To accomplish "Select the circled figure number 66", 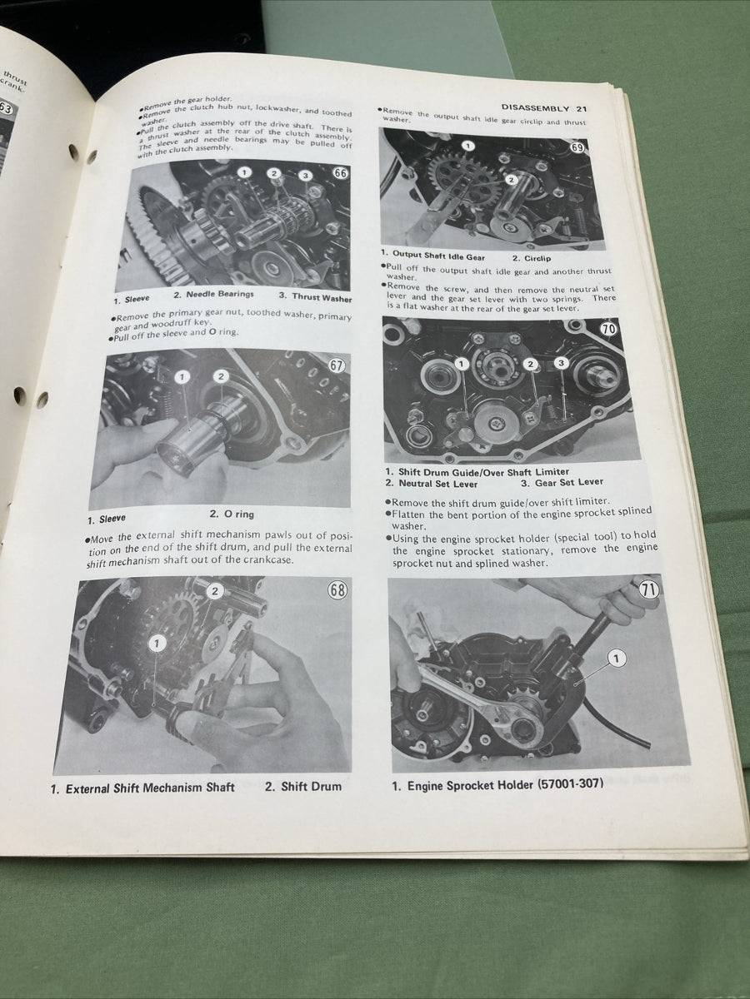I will [340, 173].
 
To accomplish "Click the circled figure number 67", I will [337, 365].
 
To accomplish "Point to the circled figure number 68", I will [337, 591].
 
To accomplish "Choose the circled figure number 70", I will [608, 328].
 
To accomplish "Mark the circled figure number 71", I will [649, 590].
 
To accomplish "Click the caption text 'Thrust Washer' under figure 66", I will [321, 297].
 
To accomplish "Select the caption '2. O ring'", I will [232, 514].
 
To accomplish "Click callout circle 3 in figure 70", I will [561, 363].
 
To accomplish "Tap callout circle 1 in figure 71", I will [615, 659].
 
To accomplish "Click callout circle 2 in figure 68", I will [215, 591].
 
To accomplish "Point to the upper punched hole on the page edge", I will [72, 152].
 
